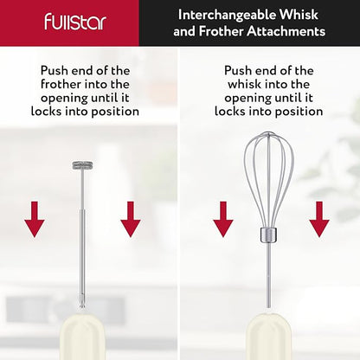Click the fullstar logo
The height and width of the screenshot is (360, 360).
[x=75, y=22]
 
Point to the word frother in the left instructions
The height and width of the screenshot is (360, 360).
[x=61, y=84]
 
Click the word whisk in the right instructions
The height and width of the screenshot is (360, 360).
[x=244, y=84]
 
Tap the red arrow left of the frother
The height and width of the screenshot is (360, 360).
[x=35, y=219]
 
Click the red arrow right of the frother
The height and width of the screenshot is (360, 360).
[x=131, y=219]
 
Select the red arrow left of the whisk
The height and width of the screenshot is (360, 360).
[x=223, y=219]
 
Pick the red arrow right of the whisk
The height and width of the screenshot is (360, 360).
[x=319, y=219]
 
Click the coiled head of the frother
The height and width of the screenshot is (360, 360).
[x=82, y=165]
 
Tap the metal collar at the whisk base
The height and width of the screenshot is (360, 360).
[x=268, y=235]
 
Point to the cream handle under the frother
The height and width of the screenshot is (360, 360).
[x=82, y=337]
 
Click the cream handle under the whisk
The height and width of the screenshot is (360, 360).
[x=268, y=337]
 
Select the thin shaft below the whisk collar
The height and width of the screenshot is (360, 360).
[x=268, y=275]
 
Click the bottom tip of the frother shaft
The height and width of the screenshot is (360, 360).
[x=82, y=308]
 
